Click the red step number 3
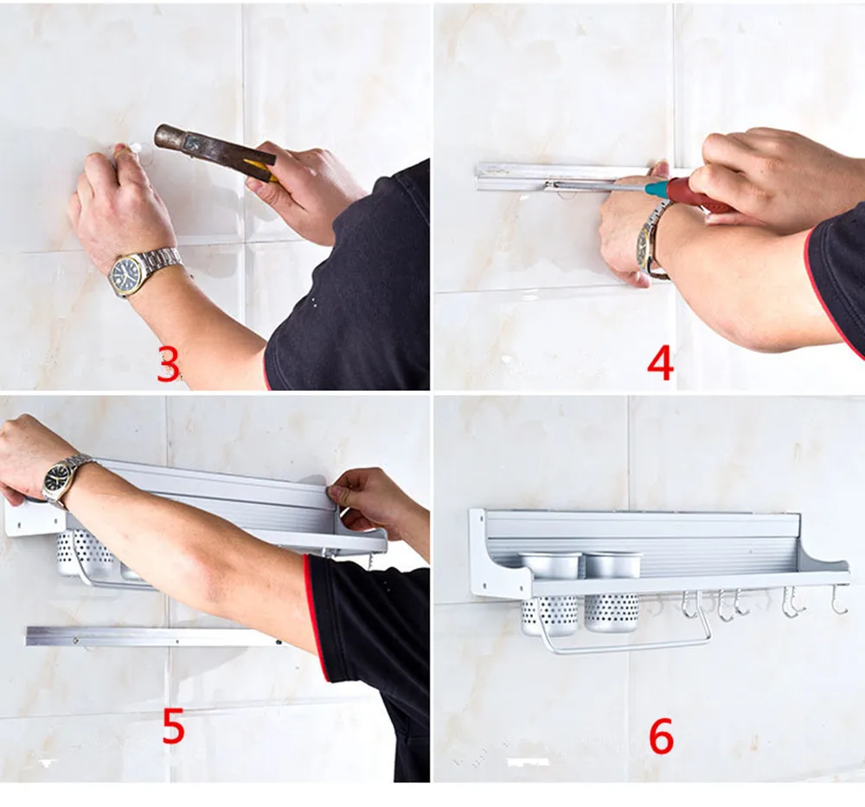(169, 364)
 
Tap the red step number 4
(660, 363)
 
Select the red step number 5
(173, 727)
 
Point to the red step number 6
(662, 736)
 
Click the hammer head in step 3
(172, 138)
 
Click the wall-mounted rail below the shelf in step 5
(155, 636)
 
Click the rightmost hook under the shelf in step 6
(839, 599)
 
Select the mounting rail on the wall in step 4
(563, 176)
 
